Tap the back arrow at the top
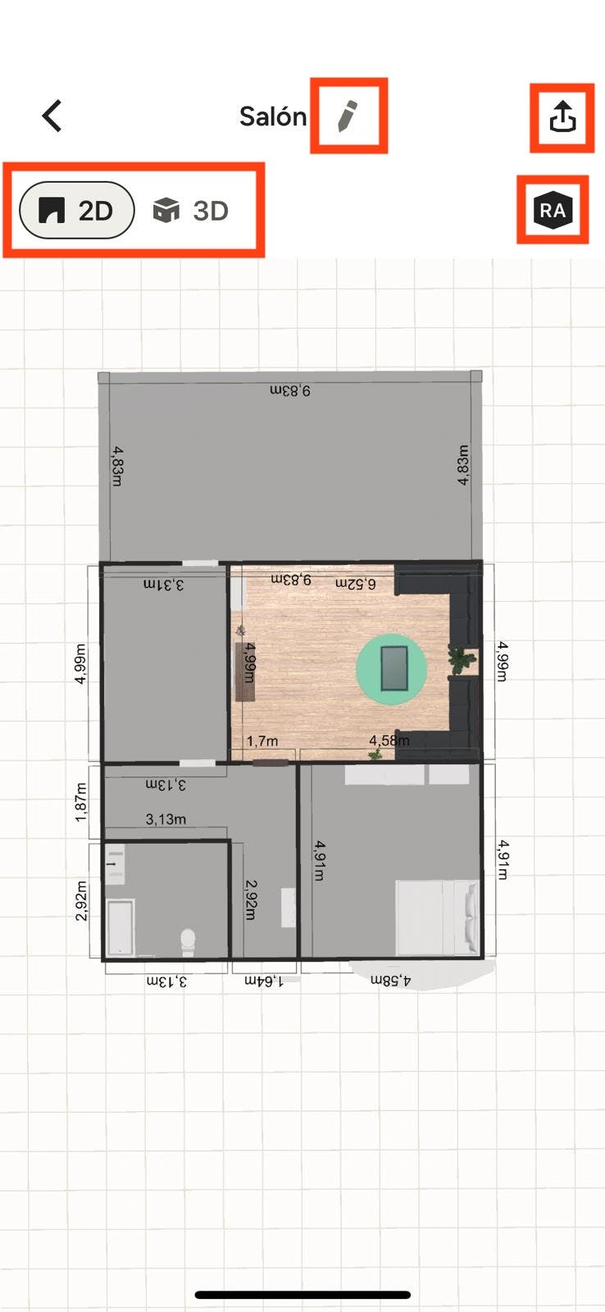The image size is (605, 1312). pos(52,116)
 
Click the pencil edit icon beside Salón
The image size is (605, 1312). pos(348,116)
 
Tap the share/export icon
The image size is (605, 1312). pos(562,116)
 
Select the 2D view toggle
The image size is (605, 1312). pos(77,210)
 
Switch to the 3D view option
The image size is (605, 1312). pos(191,210)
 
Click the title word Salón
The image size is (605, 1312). pos(273,116)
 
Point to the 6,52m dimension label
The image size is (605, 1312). pos(356,583)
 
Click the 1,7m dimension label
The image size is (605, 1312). pos(262,741)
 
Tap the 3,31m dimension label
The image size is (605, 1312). pos(164,585)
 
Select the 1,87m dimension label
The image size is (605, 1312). pos(81,802)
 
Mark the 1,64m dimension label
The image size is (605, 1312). pos(263,981)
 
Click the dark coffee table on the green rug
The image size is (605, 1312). pos(394,668)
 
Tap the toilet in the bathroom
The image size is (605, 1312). pos(188,941)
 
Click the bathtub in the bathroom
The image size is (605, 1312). pos(121,928)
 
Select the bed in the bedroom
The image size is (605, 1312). pos(438,918)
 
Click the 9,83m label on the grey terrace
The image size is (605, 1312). pos(290,390)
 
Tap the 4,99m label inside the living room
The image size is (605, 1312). pos(250,663)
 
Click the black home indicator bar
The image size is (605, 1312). pos(302,1295)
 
